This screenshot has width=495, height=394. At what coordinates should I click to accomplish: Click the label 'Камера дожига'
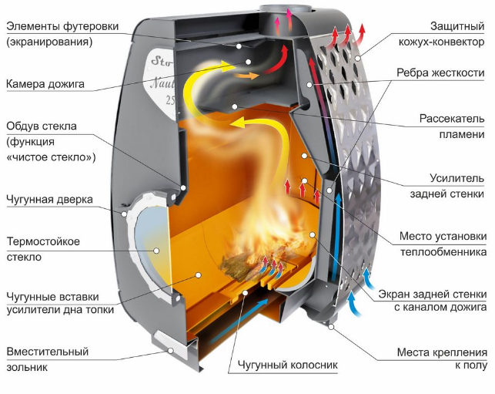point(45,84)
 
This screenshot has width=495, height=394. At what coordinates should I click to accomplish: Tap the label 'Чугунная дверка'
point(49,200)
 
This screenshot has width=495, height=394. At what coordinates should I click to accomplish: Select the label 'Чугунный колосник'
point(288,365)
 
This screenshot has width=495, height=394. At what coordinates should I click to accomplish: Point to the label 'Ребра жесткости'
point(440,72)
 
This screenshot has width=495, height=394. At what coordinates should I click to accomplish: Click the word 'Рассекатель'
point(452,119)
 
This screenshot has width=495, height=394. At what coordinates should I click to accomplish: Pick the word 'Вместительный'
point(48,352)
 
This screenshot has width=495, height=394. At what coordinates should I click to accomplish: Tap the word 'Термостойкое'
point(43,241)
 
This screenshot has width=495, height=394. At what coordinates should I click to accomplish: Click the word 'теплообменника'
point(443,252)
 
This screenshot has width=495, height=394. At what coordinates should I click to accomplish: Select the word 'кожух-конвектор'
point(441,42)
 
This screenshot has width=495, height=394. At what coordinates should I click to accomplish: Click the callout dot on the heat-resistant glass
point(156,251)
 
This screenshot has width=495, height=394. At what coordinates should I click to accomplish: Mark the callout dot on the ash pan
point(170,350)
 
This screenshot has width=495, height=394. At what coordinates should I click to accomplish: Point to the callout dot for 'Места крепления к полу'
point(331,327)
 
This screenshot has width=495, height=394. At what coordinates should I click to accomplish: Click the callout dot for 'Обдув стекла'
point(183,187)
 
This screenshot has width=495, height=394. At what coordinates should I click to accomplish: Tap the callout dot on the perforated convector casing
point(357,58)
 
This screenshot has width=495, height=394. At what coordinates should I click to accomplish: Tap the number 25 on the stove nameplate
point(170,100)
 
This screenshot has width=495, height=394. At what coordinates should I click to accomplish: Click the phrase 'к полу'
point(471,365)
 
